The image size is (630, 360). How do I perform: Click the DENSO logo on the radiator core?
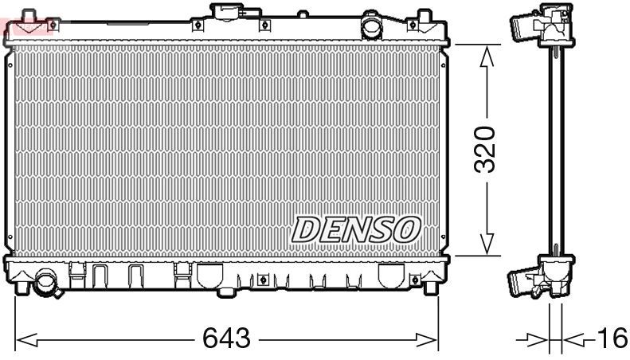(355, 229)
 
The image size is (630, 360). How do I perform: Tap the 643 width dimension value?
(226, 339)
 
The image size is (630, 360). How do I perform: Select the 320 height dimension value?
(485, 149)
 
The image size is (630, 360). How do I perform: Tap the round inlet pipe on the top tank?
(371, 26)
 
